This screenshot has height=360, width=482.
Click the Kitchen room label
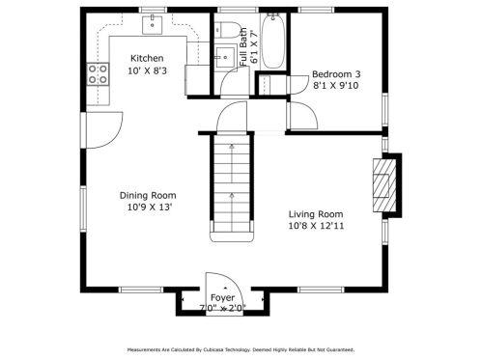[147, 58]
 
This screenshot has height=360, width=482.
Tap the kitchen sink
[153, 24]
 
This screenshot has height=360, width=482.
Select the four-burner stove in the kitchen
[98, 73]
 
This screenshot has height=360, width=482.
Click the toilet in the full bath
[226, 29]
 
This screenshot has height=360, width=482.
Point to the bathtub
[272, 41]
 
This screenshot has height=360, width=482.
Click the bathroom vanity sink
[225, 57]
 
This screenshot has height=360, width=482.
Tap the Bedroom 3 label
[336, 74]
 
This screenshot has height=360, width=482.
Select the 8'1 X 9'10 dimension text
[336, 86]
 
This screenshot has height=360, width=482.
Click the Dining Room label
[148, 195]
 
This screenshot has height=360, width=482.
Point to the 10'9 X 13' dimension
[148, 208]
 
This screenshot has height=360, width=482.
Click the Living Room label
[316, 214]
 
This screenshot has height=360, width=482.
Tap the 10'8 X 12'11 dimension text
[316, 226]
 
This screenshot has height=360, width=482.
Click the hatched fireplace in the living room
[384, 185]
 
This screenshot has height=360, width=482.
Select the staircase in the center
[232, 187]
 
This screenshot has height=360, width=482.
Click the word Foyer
[222, 298]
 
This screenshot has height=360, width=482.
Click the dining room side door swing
[104, 130]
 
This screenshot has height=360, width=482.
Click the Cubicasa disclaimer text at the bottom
[241, 349]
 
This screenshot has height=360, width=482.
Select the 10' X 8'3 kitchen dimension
[147, 70]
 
